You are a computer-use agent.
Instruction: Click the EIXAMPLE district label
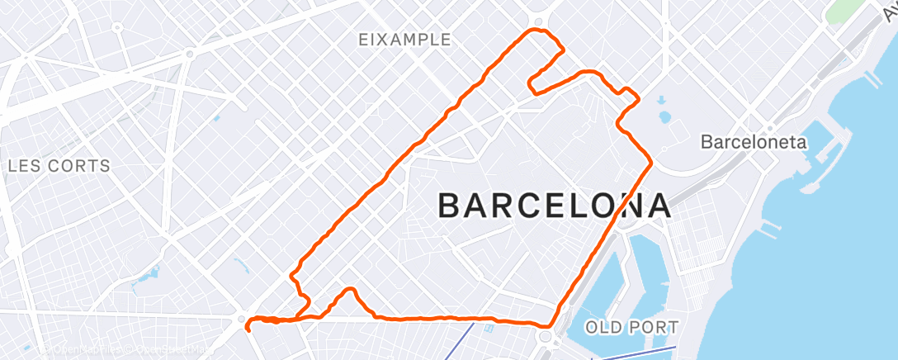(x=404, y=40)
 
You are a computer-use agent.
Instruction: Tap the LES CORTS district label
(x=59, y=166)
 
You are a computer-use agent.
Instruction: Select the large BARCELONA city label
(x=553, y=206)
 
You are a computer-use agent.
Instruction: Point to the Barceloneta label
(x=753, y=142)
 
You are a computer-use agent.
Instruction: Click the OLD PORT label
(x=631, y=327)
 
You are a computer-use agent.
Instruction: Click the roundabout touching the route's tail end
(x=241, y=319)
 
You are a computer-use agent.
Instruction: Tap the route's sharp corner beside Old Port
(x=551, y=324)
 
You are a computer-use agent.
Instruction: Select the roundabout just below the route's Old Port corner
(x=544, y=337)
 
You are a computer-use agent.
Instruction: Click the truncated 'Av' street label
(x=887, y=10)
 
